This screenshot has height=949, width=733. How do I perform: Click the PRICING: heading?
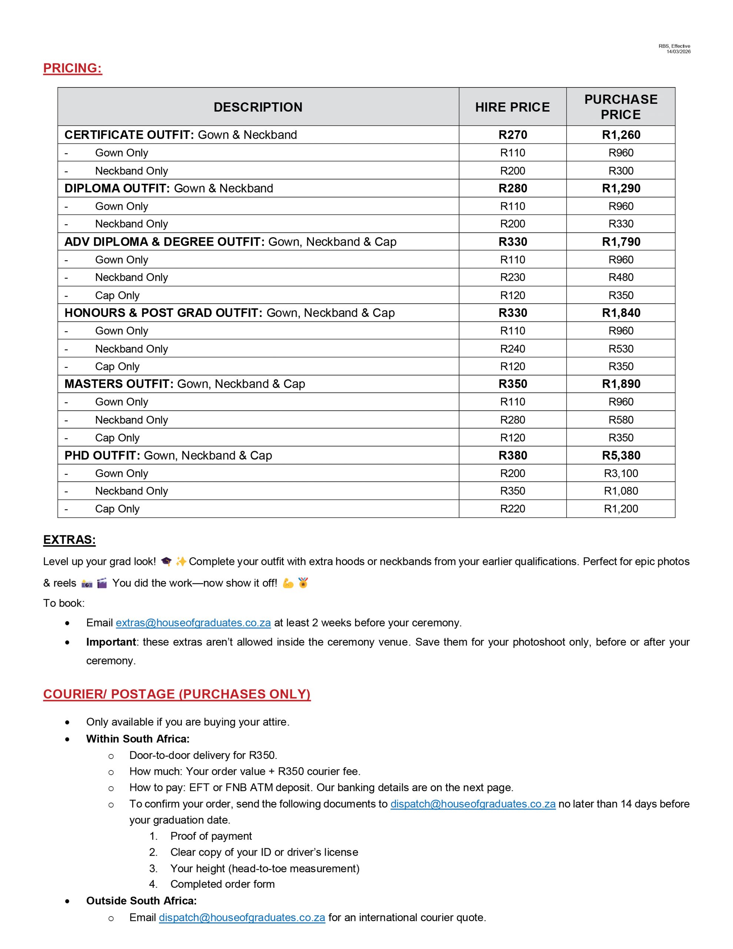[x=73, y=68]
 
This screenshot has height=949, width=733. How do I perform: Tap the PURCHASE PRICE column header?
[x=620, y=107]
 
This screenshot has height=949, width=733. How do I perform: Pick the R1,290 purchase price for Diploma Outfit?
[x=621, y=188]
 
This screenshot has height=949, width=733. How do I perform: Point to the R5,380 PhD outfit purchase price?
[x=621, y=455]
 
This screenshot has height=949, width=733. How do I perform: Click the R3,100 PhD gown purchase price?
[x=621, y=473]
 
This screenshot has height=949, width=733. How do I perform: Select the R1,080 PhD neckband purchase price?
[x=621, y=491]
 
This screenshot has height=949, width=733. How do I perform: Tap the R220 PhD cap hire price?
[x=513, y=509]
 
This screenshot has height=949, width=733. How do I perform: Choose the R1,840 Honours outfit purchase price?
[x=621, y=313]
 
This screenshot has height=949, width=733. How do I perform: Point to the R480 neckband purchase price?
[x=621, y=277]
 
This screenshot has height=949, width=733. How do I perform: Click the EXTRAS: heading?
[x=70, y=540]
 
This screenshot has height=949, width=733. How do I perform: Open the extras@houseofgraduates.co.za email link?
[x=193, y=623]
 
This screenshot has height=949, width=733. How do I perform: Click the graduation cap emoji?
[x=166, y=562]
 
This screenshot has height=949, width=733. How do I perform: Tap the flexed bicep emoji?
[x=288, y=583]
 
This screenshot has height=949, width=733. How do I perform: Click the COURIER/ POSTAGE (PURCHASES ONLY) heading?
[x=177, y=694]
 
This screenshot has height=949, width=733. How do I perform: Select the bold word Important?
[x=111, y=642]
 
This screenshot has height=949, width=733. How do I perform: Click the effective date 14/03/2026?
[x=678, y=52]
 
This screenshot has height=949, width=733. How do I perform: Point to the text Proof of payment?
[x=211, y=836]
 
